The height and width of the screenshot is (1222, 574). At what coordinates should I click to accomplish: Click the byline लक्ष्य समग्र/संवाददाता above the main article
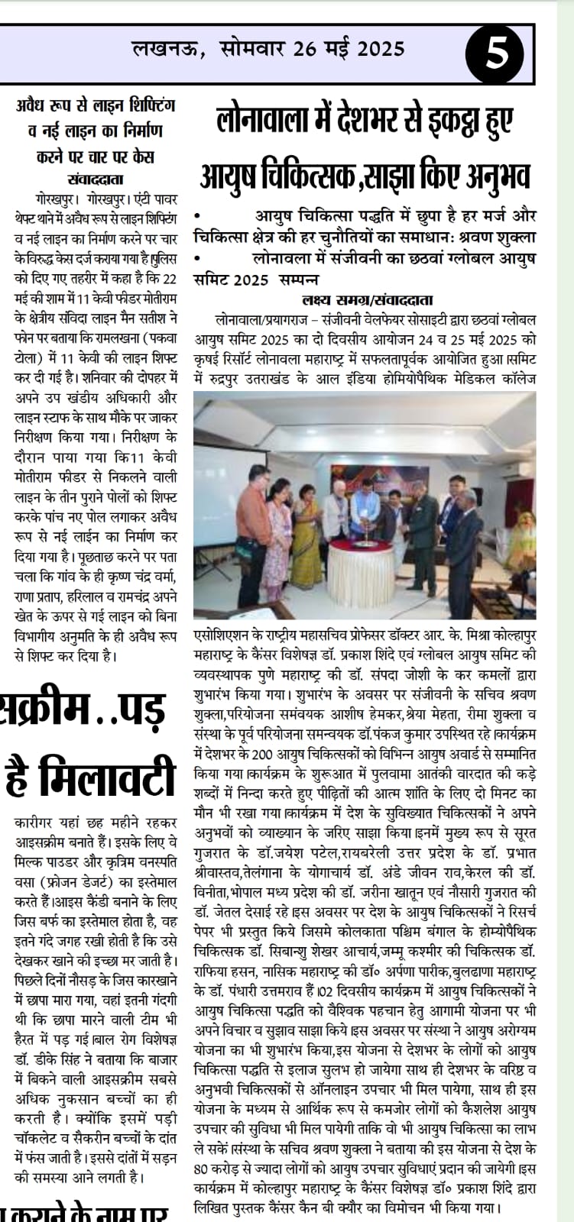coord(364,299)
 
